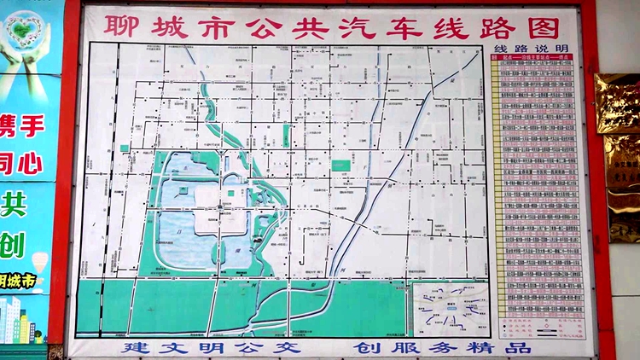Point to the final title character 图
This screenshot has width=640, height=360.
(x=541, y=26)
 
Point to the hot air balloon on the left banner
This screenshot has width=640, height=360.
(x=39, y=259)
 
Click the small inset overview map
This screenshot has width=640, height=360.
(x=450, y=308)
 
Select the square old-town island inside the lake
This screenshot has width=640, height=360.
(x=219, y=208)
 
